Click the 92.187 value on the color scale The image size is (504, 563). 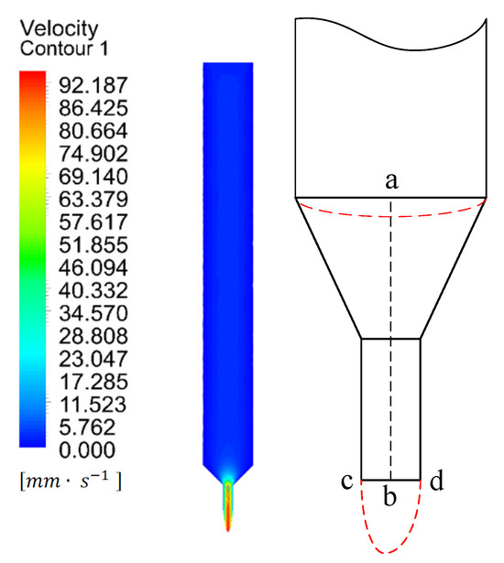[93, 85]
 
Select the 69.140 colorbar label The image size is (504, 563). [93, 177]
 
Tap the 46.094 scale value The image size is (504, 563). [93, 267]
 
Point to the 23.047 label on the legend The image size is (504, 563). [93, 359]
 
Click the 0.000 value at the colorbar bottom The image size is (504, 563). [87, 449]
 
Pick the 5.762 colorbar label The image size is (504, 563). [87, 428]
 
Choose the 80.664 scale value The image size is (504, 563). [93, 131]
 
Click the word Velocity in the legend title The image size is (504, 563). [59, 28]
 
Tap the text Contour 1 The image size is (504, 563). [64, 49]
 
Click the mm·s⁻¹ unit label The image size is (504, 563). [71, 481]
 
